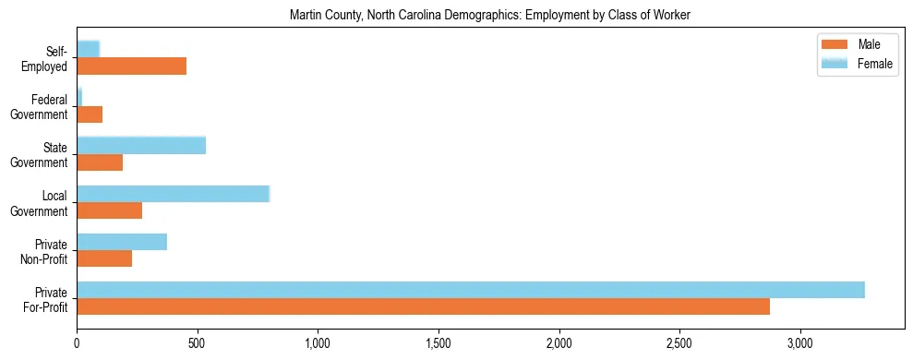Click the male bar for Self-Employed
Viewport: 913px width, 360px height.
(x=131, y=66)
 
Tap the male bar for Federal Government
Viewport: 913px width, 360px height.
(x=90, y=114)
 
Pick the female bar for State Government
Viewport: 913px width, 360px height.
(x=141, y=145)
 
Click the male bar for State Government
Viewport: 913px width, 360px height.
(x=100, y=162)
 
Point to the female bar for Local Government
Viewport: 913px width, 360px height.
(x=173, y=194)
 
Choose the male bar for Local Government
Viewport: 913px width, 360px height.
(x=109, y=210)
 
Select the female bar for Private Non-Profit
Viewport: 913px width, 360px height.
(x=122, y=242)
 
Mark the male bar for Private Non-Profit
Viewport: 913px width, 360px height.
(x=104, y=258)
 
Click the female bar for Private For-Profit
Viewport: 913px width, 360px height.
(x=471, y=290)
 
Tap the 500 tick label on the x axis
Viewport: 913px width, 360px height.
(x=198, y=343)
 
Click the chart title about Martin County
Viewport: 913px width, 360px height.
(x=489, y=15)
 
